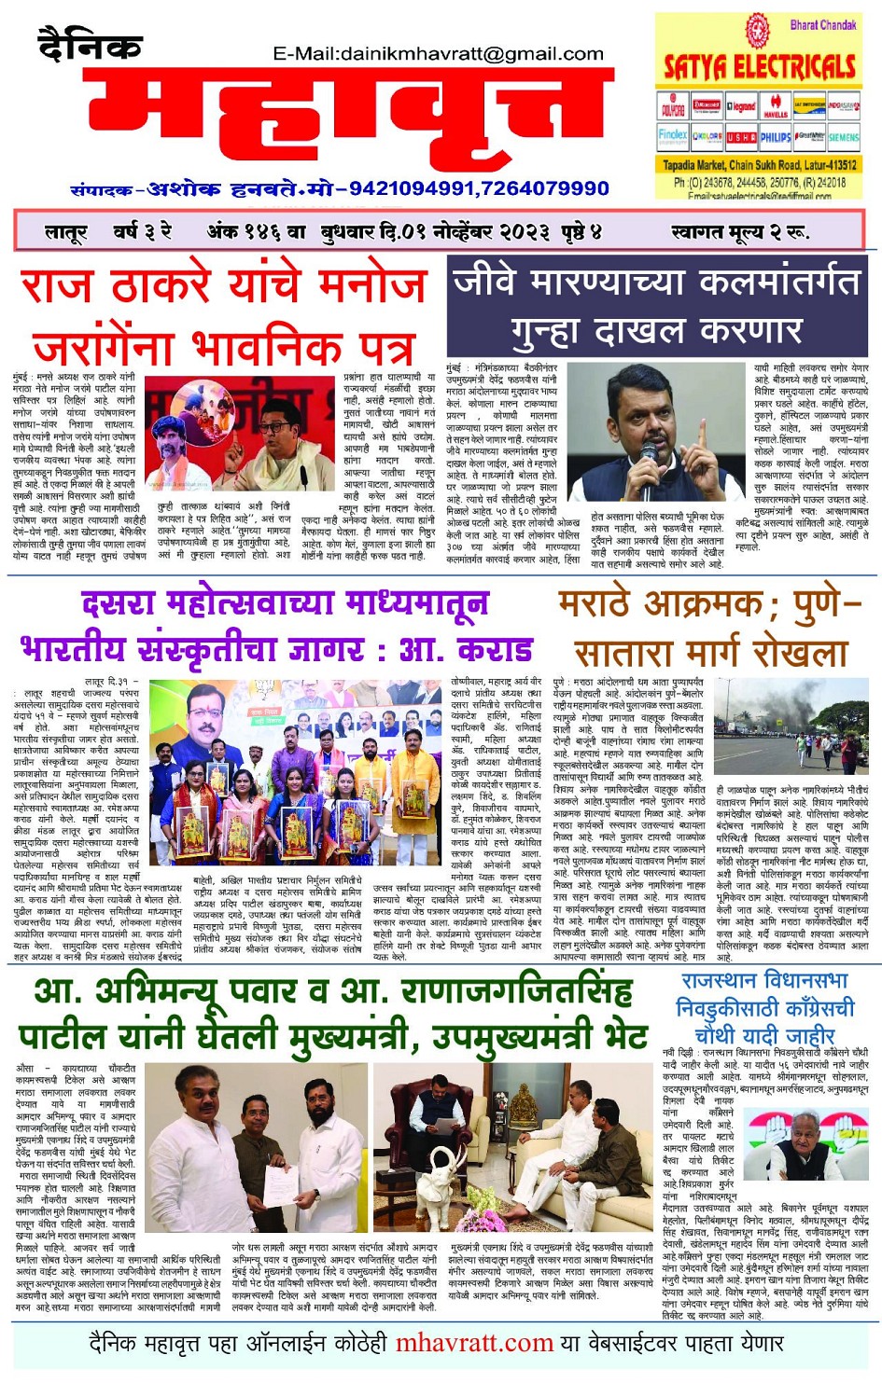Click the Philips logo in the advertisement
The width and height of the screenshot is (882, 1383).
pyautogui.click(x=776, y=136)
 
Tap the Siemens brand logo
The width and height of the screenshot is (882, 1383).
pyautogui.click(x=844, y=136)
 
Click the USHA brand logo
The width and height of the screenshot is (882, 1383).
pyautogui.click(x=742, y=136)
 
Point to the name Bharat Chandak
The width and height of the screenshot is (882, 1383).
pyautogui.click(x=823, y=25)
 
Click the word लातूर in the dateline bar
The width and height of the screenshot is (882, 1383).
pyautogui.click(x=65, y=231)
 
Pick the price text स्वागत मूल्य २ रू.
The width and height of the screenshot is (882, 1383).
pyautogui.click(x=740, y=231)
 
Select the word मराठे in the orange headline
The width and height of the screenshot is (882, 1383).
pyautogui.click(x=604, y=607)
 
